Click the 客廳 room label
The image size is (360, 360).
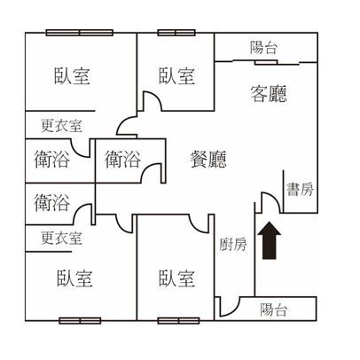(x=269, y=94)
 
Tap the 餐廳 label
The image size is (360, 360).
(x=208, y=159)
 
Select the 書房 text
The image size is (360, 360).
(x=300, y=189)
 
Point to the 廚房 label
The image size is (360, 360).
(x=233, y=244)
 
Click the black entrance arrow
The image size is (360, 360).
(x=269, y=240)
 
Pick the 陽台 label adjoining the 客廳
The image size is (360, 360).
(x=263, y=48)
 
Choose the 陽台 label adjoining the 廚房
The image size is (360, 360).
(x=273, y=310)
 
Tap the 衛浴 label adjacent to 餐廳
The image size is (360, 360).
(x=122, y=160)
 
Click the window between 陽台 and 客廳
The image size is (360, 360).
(x=266, y=62)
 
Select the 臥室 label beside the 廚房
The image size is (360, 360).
(x=176, y=278)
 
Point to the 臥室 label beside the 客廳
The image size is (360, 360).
(x=176, y=76)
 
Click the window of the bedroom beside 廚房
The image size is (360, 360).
(x=178, y=321)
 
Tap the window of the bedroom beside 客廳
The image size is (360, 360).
(x=176, y=33)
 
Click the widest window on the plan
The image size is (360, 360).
(x=80, y=33)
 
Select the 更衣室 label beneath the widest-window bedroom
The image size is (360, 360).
(x=61, y=126)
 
